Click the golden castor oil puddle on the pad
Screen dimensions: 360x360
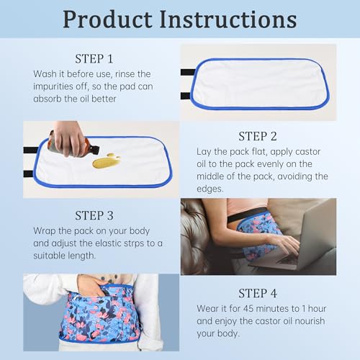coord(106,161)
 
